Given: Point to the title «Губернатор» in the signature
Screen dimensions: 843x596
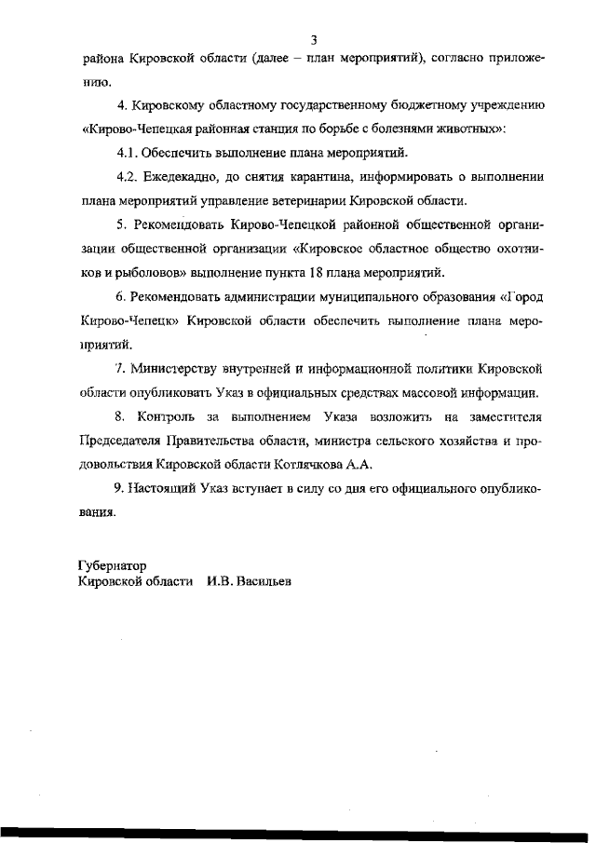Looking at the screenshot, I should coord(111,565).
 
